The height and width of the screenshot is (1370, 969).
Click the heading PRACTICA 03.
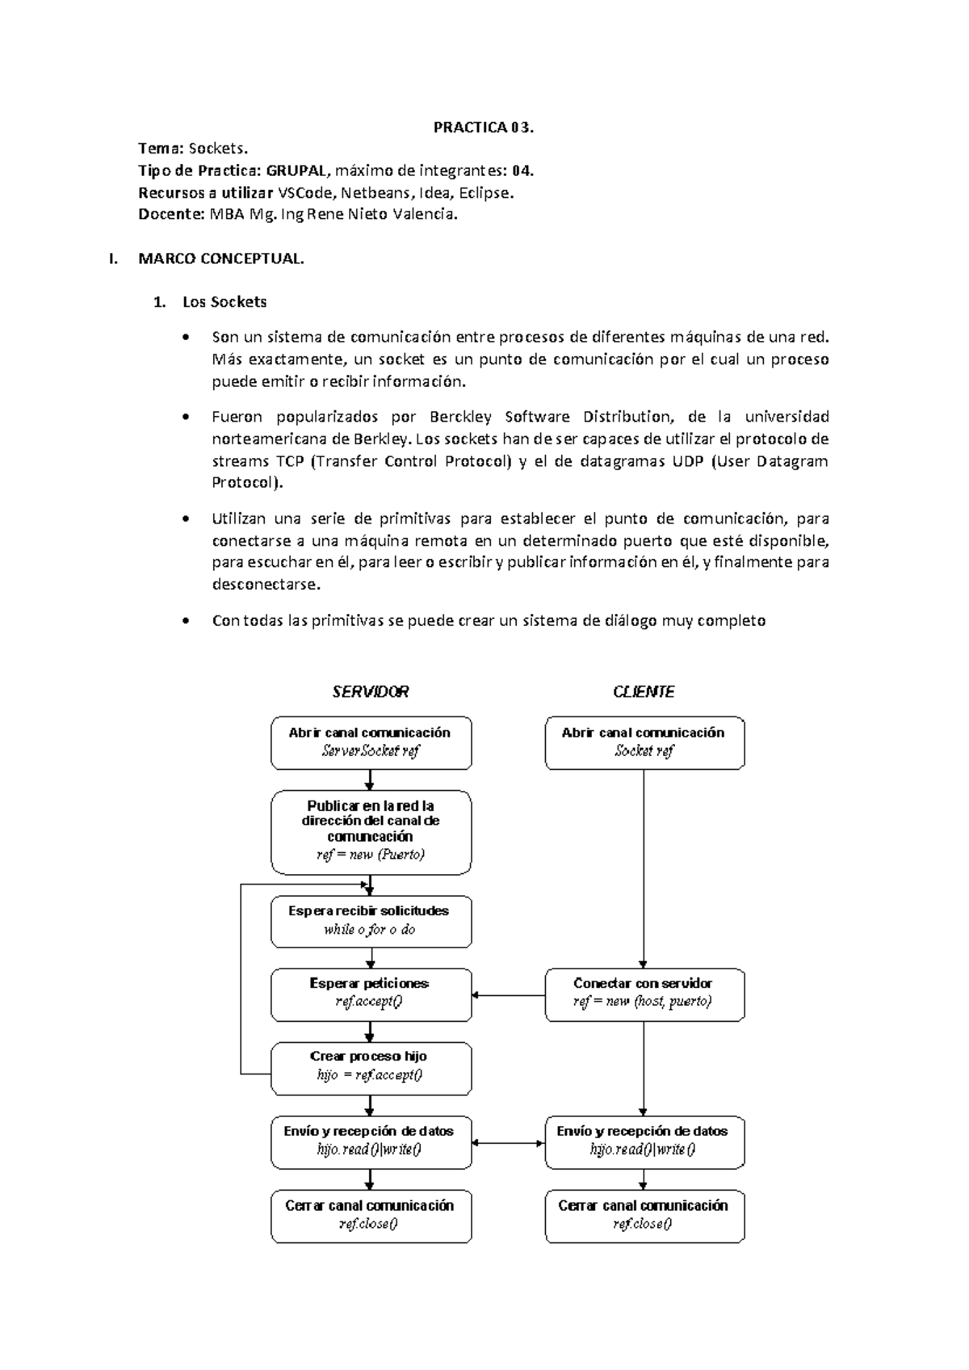pos(484,127)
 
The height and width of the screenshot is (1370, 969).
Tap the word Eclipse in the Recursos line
pos(483,193)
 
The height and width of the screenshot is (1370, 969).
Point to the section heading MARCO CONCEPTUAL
pos(221,259)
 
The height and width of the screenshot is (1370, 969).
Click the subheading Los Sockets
pos(224,302)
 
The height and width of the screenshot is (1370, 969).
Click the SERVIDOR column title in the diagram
pos(371,691)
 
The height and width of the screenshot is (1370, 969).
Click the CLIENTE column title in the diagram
pos(644,691)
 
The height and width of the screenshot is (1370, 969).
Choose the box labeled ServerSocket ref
pos(371,742)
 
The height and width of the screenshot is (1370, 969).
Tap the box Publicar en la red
pos(371,831)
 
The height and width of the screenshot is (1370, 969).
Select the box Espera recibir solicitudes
pos(371,921)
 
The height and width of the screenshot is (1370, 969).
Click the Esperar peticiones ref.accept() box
pos(371,994)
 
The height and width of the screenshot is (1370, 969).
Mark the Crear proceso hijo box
pos(371,1067)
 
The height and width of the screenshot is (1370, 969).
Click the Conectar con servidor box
pos(644,994)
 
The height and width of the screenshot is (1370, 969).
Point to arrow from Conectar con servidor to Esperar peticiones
pos(509,995)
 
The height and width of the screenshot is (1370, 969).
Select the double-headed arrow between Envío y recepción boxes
pos(509,1143)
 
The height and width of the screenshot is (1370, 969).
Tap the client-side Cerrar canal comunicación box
pos(644,1215)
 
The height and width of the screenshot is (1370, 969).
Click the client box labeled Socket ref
pos(644,742)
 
